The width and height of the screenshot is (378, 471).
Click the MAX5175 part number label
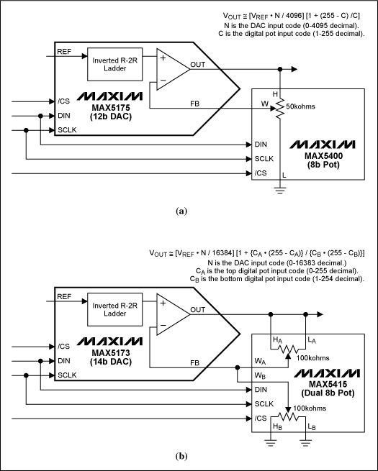tap(111, 108)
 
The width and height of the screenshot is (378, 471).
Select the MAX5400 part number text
tap(323, 156)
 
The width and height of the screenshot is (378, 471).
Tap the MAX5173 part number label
tap(111, 352)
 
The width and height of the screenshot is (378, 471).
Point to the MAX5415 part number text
tap(328, 384)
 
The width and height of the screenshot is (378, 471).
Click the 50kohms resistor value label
tap(300, 106)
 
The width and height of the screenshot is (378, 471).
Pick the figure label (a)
tap(181, 211)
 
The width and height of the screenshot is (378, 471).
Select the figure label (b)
tap(181, 457)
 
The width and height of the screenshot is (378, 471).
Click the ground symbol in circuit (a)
tap(280, 190)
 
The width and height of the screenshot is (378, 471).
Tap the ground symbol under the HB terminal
tap(271, 442)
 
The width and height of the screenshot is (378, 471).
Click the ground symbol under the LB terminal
tap(305, 442)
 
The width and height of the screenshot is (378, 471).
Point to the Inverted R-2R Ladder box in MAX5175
tap(115, 64)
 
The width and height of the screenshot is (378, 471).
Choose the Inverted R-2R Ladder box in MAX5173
tap(115, 309)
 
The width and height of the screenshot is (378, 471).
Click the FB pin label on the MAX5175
tap(194, 104)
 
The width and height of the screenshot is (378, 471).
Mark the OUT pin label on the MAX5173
tap(197, 310)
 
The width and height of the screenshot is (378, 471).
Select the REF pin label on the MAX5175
tap(64, 52)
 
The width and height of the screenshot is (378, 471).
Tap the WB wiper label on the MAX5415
tap(260, 375)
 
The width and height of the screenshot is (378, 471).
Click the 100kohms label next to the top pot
tap(312, 358)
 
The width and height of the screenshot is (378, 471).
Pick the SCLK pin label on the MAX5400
tap(264, 159)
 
